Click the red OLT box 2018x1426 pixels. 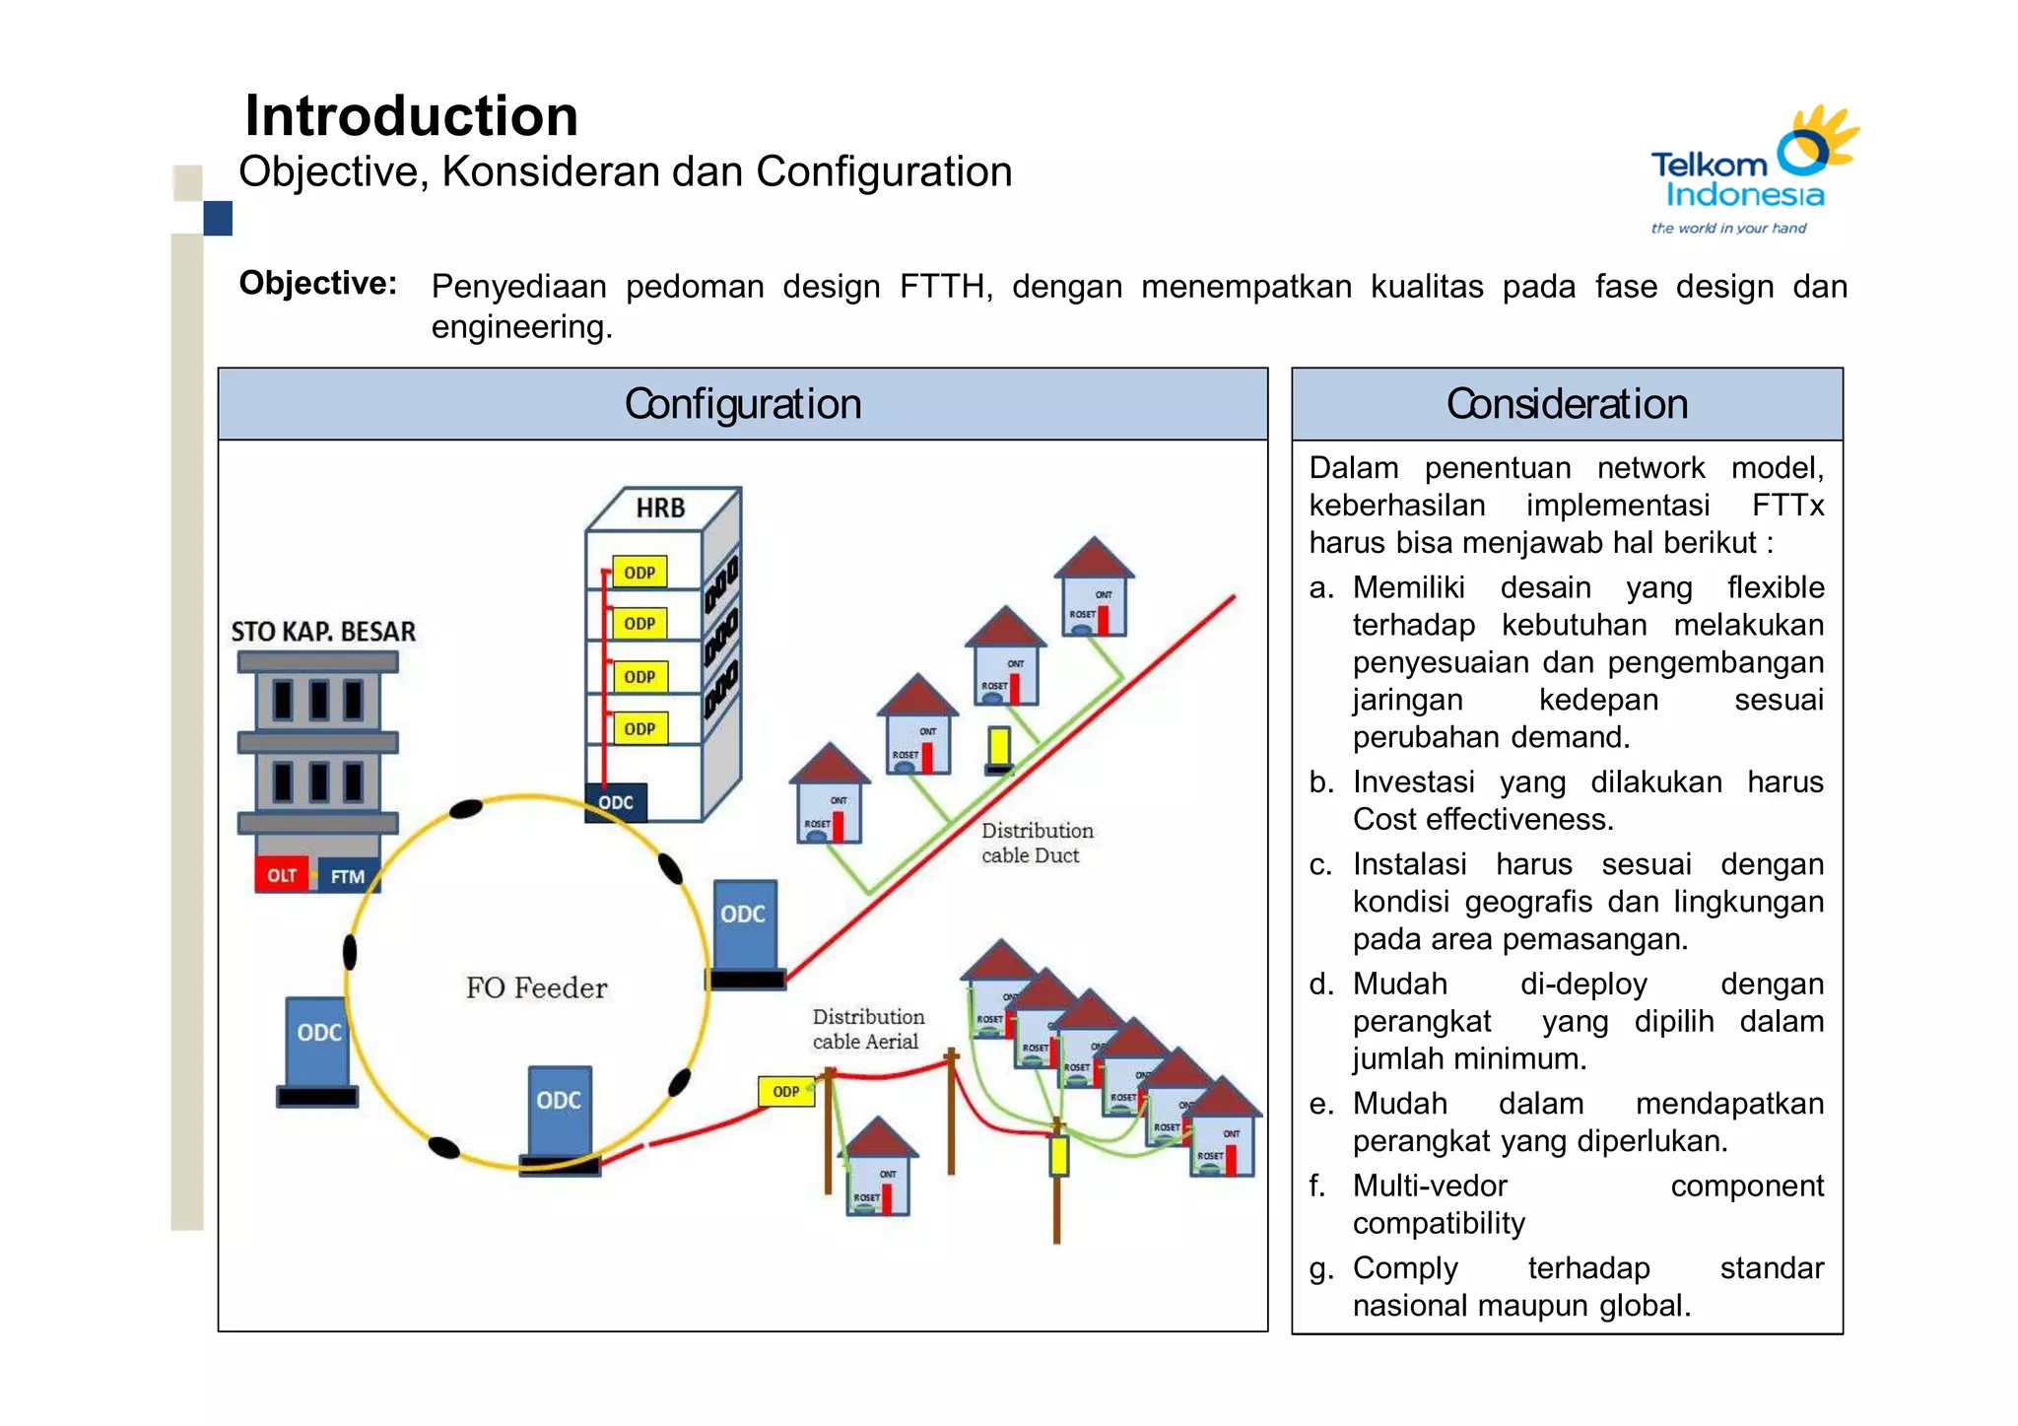[282, 875]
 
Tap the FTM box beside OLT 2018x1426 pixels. [347, 876]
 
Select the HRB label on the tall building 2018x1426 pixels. [659, 509]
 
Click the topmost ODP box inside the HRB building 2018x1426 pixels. [639, 573]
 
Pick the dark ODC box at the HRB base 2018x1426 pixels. [616, 802]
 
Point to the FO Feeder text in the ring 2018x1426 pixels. [536, 987]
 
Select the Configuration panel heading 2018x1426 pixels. [742, 404]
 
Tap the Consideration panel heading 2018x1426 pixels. [1567, 404]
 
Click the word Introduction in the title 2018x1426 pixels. [411, 116]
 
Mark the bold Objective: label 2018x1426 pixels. [317, 284]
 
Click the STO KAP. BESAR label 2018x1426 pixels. [323, 632]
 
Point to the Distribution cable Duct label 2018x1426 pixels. [1036, 843]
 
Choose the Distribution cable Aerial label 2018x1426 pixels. [867, 1029]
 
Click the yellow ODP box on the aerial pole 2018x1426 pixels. [785, 1092]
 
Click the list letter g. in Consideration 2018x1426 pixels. [1319, 1268]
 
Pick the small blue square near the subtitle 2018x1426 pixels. [218, 218]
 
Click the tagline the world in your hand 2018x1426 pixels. [1728, 229]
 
